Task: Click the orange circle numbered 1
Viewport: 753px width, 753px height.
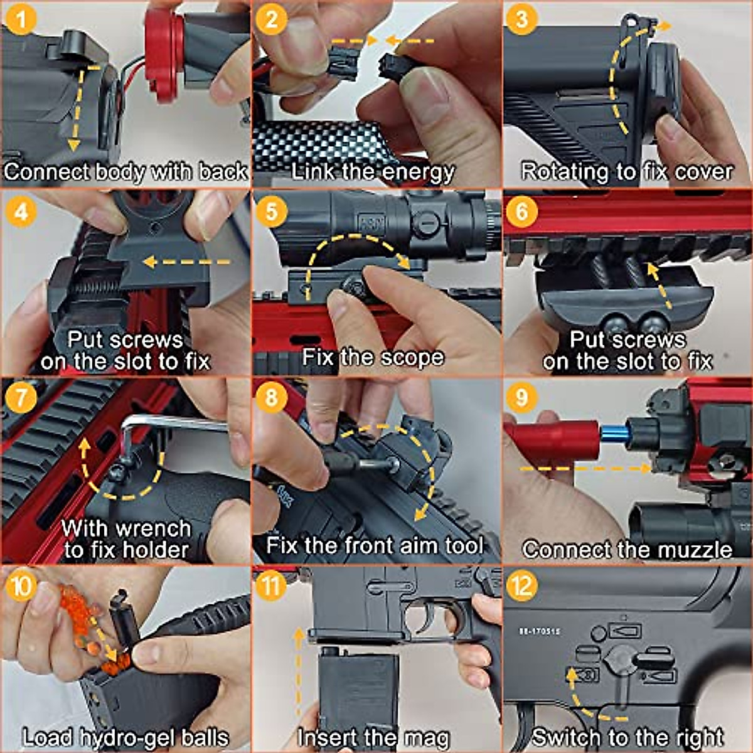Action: tap(21, 20)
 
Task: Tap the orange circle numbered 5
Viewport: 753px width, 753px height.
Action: tap(272, 210)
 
